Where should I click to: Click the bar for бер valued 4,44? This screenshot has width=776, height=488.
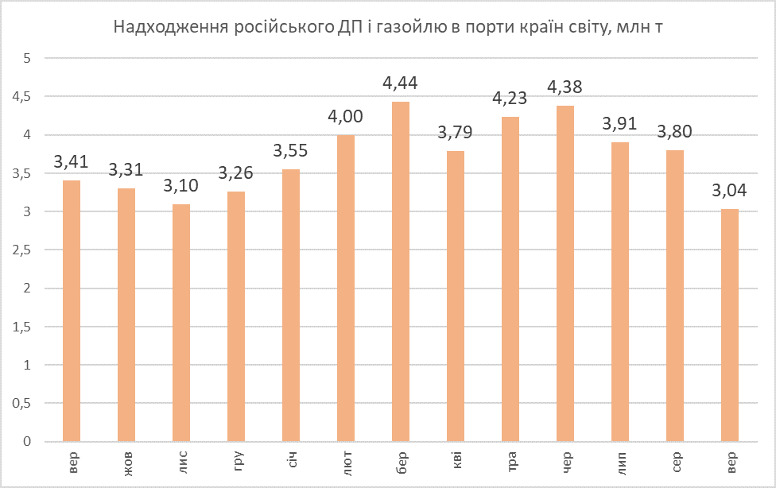coord(400,272)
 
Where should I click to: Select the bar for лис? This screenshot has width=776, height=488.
coord(180,323)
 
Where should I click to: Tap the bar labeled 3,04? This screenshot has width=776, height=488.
coord(730,325)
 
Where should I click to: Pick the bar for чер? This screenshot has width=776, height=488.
coord(565,274)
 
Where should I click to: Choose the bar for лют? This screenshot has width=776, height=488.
coord(345,289)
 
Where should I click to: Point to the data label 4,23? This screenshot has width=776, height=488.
coord(510,100)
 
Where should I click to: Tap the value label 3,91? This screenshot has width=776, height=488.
coord(620,125)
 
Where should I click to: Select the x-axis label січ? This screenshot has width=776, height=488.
coord(293,461)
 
